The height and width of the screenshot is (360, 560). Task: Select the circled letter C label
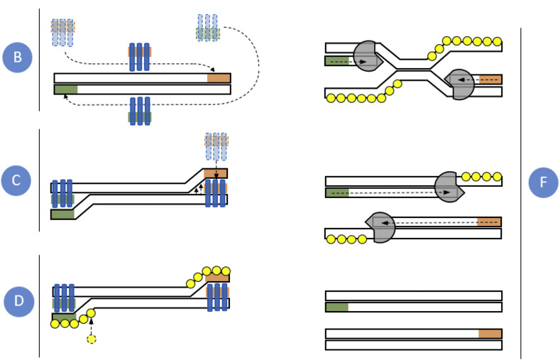coord(18,180)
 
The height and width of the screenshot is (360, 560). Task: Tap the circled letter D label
coord(18,301)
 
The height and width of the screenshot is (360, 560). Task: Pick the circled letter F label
coord(543,182)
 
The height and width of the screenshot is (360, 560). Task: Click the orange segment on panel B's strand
coord(219,78)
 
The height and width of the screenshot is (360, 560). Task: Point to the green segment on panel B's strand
coord(65,89)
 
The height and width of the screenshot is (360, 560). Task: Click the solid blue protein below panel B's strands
coord(139,111)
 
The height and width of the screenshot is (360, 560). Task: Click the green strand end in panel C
coord(62,214)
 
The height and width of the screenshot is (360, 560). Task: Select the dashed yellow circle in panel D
coord(91,339)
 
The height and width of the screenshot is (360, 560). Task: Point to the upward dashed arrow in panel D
coord(91,326)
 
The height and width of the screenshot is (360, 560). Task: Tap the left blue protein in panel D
coord(64,298)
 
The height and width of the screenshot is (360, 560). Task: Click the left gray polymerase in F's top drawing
coord(367,57)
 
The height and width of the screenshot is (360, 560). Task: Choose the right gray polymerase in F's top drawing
coord(461,83)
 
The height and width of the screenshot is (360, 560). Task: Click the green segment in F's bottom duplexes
coord(336,307)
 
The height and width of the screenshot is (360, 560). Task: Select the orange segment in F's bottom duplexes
coord(490,334)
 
